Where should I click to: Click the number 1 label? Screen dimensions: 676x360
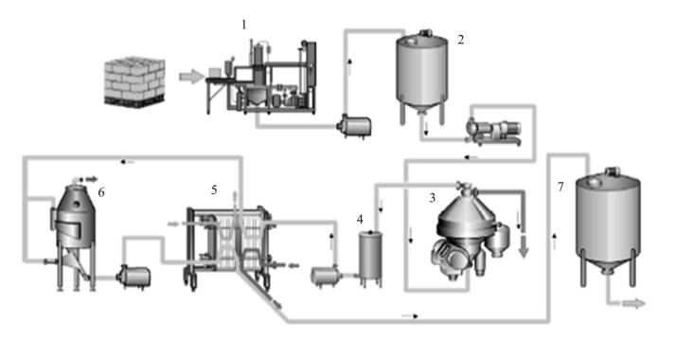[x=244, y=25]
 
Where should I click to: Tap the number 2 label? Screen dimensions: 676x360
[x=461, y=40]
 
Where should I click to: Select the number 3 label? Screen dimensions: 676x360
[x=433, y=198]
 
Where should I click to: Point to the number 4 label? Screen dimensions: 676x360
[x=360, y=220]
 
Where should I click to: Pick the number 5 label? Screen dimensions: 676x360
[x=214, y=189]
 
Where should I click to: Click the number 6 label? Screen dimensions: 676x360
[x=101, y=192]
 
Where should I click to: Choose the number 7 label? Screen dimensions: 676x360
[x=560, y=187]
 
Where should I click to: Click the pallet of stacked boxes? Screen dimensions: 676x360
[x=134, y=81]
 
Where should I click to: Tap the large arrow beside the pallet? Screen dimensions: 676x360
[x=191, y=77]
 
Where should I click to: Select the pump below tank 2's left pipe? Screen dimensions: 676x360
[x=355, y=126]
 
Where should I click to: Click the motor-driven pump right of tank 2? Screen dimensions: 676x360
[x=494, y=132]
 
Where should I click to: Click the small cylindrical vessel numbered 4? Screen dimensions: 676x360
[x=371, y=258]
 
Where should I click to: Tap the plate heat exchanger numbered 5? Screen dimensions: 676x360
[x=228, y=245]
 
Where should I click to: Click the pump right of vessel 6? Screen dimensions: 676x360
[x=135, y=277]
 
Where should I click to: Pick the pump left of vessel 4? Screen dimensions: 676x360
[x=327, y=277]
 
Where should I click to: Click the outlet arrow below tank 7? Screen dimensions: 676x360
[x=633, y=304]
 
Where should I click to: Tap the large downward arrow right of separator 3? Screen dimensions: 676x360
[x=524, y=248]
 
